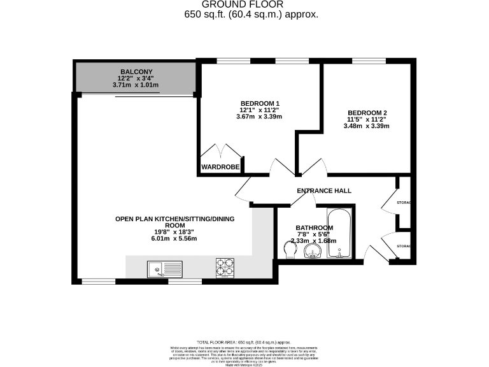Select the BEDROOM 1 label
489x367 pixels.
pyautogui.click(x=260, y=103)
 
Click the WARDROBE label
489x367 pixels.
pyautogui.click(x=220, y=167)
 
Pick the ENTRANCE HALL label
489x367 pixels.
pyautogui.click(x=324, y=191)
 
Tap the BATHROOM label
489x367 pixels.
pyautogui.click(x=315, y=227)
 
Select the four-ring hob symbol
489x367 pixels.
pyautogui.click(x=225, y=268)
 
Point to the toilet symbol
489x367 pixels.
pyautogui.click(x=289, y=250)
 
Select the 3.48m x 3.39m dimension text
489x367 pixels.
pyautogui.click(x=366, y=126)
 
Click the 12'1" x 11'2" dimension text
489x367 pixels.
pyautogui.click(x=260, y=110)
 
